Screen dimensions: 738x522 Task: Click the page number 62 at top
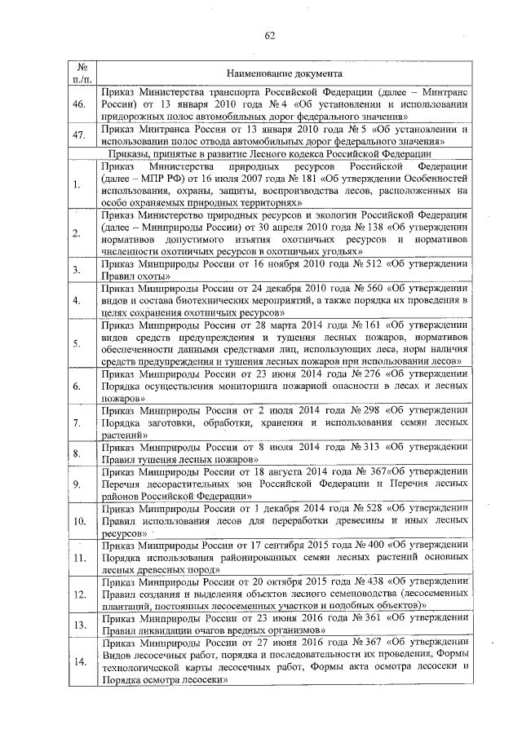point(269,36)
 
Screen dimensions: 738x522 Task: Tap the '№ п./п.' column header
point(81,72)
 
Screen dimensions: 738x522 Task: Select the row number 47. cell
point(79,135)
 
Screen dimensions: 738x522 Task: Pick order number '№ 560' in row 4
point(357,289)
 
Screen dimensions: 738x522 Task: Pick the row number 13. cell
point(80,625)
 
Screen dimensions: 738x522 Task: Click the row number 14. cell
point(80,662)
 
